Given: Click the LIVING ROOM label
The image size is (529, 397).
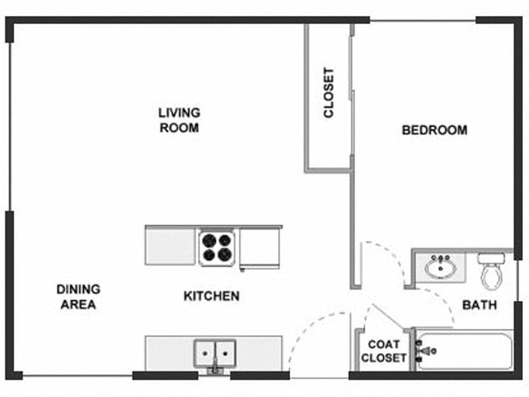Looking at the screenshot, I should [x=179, y=120].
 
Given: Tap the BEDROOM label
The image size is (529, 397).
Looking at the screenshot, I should [x=434, y=130].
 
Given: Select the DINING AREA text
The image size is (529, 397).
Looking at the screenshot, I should [x=78, y=297].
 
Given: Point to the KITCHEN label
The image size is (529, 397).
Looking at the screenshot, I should [x=212, y=296].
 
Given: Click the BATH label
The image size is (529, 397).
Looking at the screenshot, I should [x=480, y=306].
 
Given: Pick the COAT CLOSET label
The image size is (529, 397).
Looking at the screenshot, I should [x=384, y=351].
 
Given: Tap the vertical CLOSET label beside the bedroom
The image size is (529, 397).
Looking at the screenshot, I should [x=329, y=94].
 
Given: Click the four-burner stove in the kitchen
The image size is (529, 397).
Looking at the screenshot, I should [x=217, y=247].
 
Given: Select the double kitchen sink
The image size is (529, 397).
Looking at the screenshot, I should [x=215, y=352].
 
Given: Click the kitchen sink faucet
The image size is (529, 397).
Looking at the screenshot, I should [x=215, y=369].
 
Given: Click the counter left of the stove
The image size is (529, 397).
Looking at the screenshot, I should [x=171, y=247].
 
